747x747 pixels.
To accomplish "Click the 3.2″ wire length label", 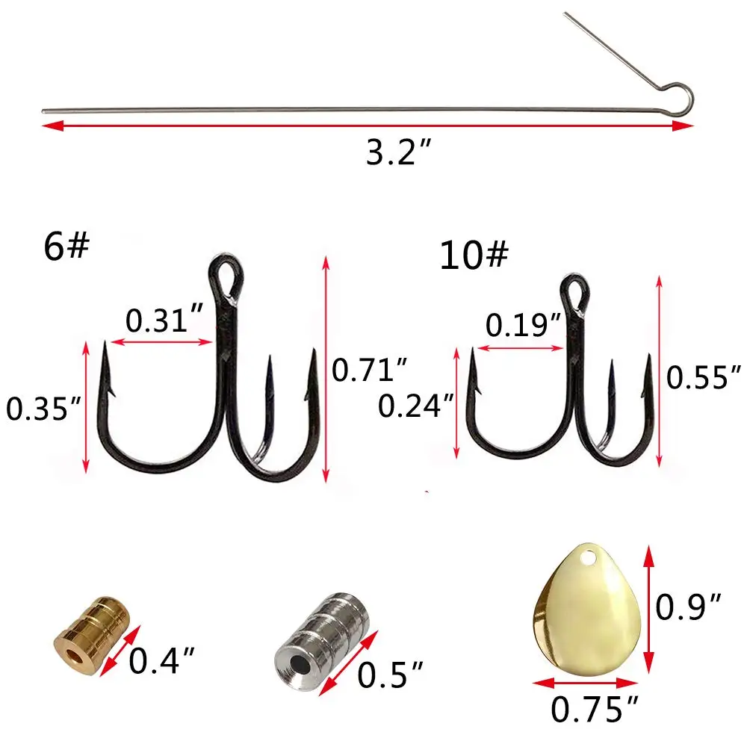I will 400,153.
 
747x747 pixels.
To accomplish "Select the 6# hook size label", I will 66,247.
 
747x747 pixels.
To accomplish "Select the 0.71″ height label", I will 370,370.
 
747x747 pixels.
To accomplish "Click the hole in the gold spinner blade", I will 591,558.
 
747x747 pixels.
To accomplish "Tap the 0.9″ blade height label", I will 689,607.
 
